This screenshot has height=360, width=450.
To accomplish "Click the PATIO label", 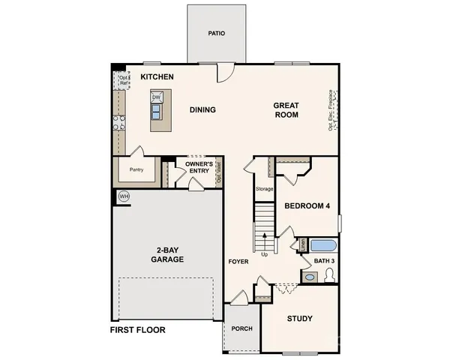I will coord(216,34).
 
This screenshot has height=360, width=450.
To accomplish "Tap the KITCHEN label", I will coord(157,77).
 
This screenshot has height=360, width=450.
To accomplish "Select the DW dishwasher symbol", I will coord(157,97).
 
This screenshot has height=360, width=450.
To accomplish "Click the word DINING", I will coord(202,110).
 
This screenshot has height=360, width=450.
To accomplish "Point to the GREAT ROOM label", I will coord(286,110).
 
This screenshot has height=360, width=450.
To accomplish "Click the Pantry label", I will coord(136,170).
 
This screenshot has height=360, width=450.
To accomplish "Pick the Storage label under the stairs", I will coord(264,189).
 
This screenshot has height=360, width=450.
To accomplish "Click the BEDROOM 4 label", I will coord(307,206).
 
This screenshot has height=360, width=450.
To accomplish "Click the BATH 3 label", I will coord(324,260).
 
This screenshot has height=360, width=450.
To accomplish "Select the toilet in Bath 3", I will coord(328,277).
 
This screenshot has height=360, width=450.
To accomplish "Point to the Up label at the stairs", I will coord(264,254).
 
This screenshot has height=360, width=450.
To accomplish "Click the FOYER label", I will coord(238,261).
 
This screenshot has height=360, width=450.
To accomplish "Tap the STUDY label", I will coord(300,319).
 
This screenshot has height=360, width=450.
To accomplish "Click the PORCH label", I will coord(241,328).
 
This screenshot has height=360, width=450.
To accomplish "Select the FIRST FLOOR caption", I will coord(137,329).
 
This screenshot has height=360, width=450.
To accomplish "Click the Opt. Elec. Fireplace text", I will coord(331,111).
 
